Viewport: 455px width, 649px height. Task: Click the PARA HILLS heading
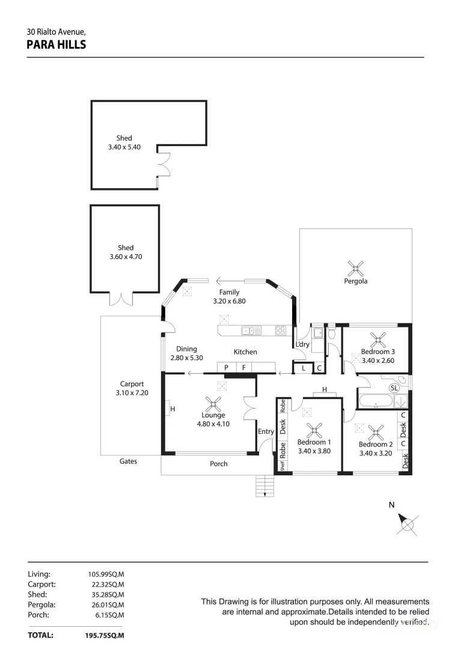tap(56, 44)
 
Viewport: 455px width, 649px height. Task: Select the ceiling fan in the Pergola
tap(356, 267)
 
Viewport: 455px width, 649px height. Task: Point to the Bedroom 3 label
tap(377, 352)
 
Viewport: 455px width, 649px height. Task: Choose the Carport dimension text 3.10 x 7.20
tap(132, 392)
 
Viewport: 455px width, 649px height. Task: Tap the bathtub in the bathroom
tap(375, 401)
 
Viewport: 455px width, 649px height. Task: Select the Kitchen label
tap(245, 352)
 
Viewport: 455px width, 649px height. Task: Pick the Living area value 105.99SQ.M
tap(106, 574)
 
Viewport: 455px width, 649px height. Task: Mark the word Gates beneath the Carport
tap(128, 462)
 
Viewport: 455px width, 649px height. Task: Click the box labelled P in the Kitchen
tap(226, 368)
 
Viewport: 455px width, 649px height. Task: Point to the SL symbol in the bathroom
tap(395, 388)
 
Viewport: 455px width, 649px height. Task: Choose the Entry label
tap(266, 431)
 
